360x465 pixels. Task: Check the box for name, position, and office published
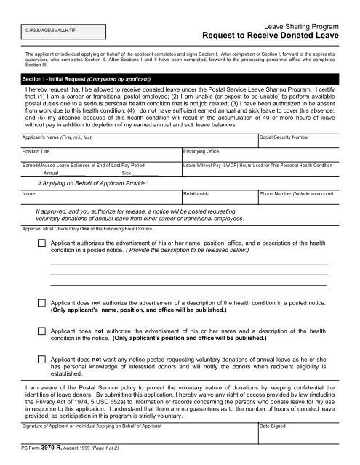point(42,302)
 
